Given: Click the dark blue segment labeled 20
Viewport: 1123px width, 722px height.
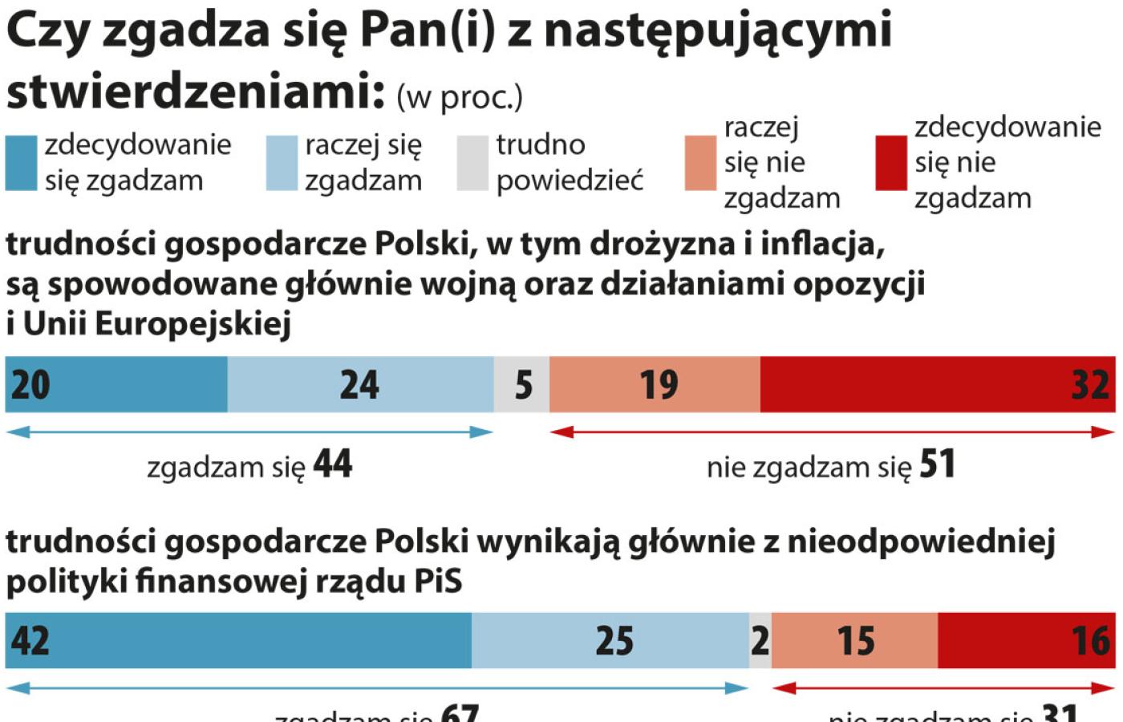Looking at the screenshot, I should pos(116,384).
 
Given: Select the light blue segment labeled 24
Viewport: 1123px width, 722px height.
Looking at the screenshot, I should pos(360,384).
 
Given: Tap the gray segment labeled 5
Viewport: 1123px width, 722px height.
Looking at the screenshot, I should pos(522,384).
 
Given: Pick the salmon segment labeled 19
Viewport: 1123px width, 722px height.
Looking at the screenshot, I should pos(655,384).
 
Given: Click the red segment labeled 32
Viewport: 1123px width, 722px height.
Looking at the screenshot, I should pos(937,384).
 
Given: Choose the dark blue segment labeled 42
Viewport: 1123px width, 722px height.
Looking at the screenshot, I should pos(238,640).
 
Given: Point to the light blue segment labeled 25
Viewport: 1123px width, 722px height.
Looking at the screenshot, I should pos(610,640).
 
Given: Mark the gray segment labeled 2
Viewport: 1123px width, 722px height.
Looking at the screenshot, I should pos(760,640).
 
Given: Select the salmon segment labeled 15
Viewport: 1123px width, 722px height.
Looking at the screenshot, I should pos(854,640).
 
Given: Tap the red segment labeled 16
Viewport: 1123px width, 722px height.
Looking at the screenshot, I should pos(1026,640).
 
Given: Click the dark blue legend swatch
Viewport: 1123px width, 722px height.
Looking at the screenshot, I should pos(21,163).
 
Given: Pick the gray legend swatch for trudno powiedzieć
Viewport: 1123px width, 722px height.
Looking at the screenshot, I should pos(472,163).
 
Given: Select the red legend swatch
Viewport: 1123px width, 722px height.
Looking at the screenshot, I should pos(890,163).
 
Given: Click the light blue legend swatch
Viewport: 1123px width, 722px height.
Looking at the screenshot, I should pos(282,163).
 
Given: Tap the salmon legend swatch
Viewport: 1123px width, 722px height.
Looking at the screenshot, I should pos(699,163).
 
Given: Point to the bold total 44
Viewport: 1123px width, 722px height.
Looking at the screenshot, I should pos(333,464).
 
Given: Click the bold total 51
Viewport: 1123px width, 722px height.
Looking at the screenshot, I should pos(937,464).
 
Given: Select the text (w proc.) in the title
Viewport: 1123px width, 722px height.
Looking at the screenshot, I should pos(460,97).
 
